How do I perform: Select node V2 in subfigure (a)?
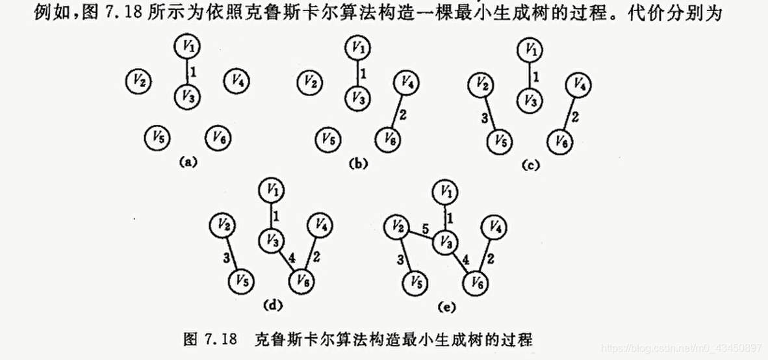pos(138,81)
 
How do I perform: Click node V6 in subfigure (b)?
pos(387,138)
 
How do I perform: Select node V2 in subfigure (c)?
pos(481,84)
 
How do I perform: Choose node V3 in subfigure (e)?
pos(445,240)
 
